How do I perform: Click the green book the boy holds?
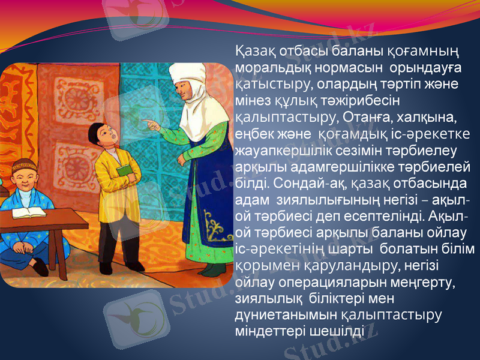click(x=124, y=170)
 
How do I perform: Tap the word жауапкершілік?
click(x=278, y=148)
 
